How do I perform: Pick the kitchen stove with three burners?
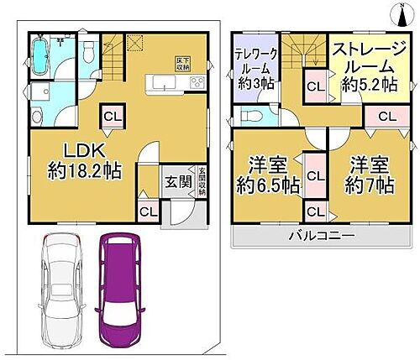197,82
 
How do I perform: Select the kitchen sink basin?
160,82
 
